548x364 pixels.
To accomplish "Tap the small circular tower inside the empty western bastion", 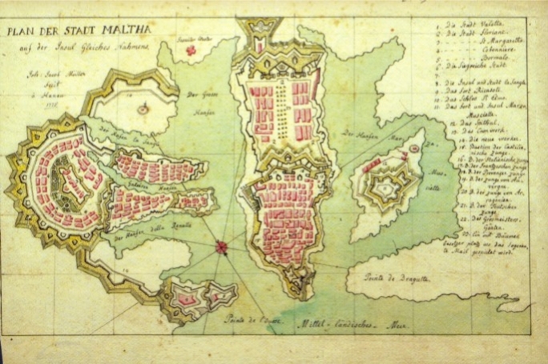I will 141,107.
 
